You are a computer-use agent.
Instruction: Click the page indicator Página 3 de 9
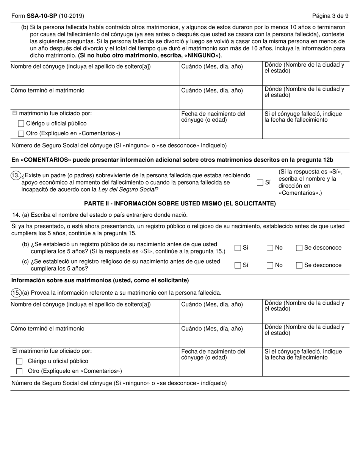(x=330, y=16)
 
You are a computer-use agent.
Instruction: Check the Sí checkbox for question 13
(x=260, y=183)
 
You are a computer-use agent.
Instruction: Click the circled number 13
(x=16, y=175)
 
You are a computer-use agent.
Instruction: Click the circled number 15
(x=16, y=292)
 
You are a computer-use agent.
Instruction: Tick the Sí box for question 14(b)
(x=238, y=248)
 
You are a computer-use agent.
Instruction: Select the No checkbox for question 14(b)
(x=270, y=248)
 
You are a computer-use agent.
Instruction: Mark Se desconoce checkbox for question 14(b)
(x=299, y=248)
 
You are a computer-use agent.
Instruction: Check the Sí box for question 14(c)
(x=238, y=265)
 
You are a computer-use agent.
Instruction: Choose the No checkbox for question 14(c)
(x=270, y=265)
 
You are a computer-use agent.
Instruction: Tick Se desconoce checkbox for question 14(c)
(x=299, y=265)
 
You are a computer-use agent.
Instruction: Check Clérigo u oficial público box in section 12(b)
(x=21, y=124)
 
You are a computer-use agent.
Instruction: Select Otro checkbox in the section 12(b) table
(x=21, y=133)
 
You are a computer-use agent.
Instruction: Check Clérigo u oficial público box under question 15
(x=20, y=361)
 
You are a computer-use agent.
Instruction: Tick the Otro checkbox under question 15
(x=20, y=371)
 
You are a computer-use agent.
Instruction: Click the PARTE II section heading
(x=180, y=203)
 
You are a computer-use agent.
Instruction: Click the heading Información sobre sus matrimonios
(x=100, y=280)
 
